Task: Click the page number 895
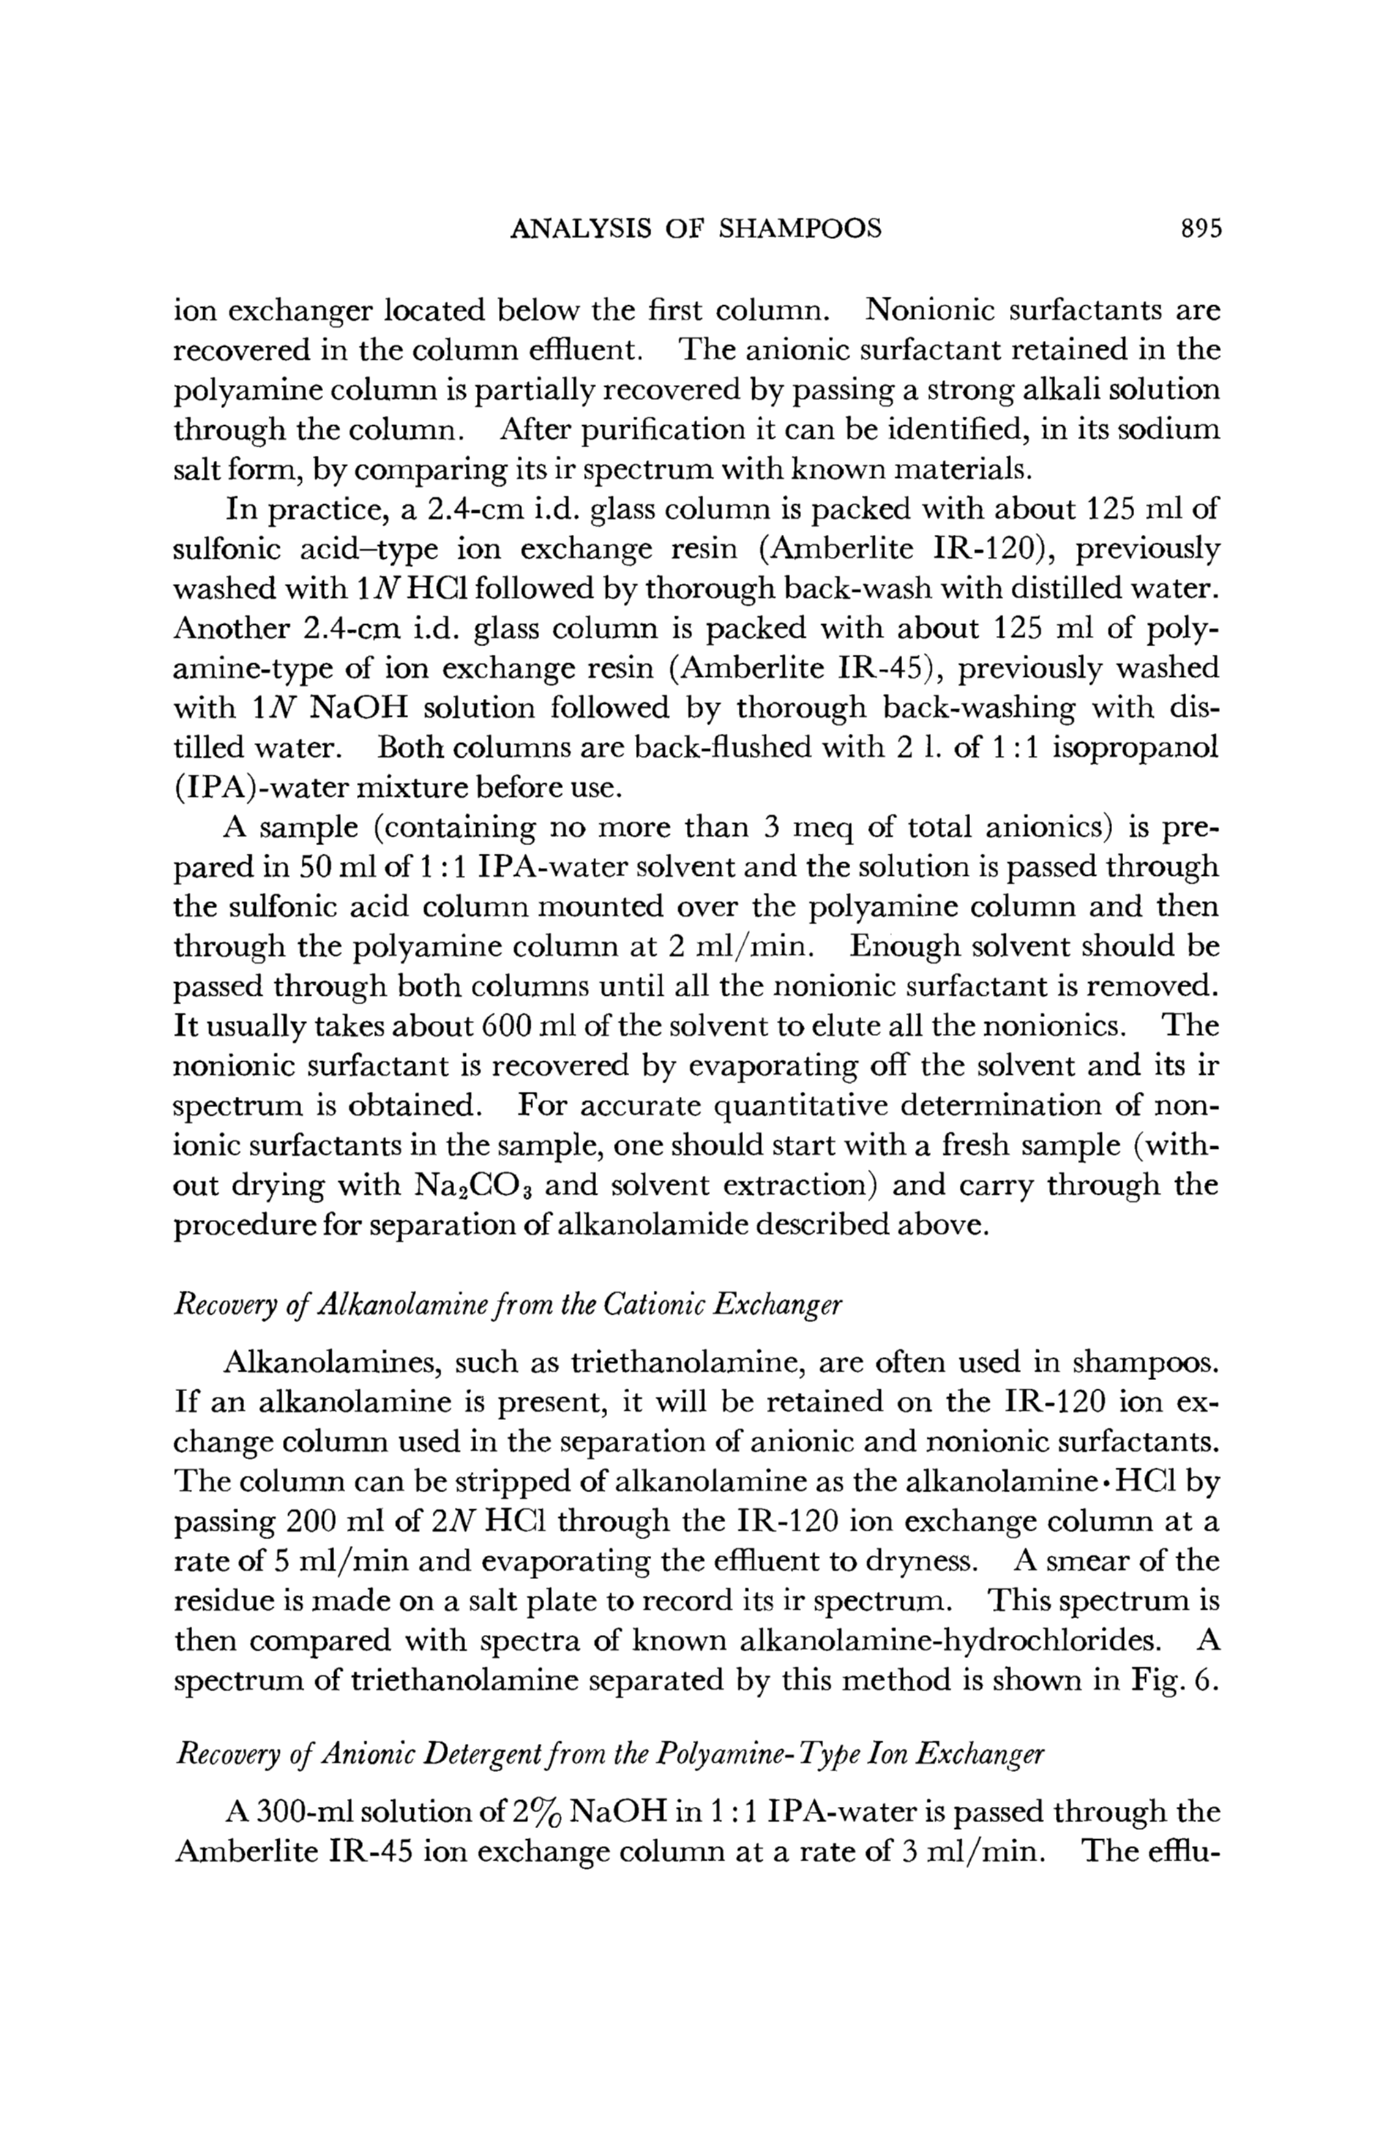1200,229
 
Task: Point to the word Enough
900,946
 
